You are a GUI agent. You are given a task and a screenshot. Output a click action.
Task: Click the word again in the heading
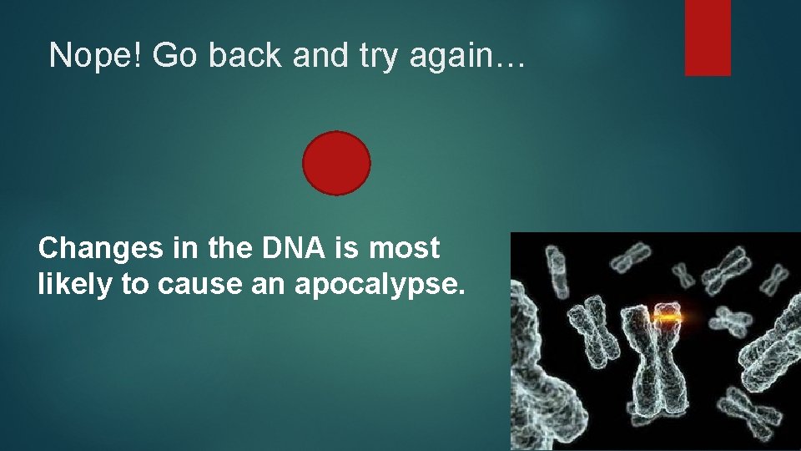[x=449, y=57]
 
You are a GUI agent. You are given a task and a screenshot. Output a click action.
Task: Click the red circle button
[x=335, y=164]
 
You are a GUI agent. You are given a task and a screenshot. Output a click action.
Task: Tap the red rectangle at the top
[x=708, y=38]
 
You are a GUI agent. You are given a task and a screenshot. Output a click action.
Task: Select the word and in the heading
[x=310, y=55]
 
